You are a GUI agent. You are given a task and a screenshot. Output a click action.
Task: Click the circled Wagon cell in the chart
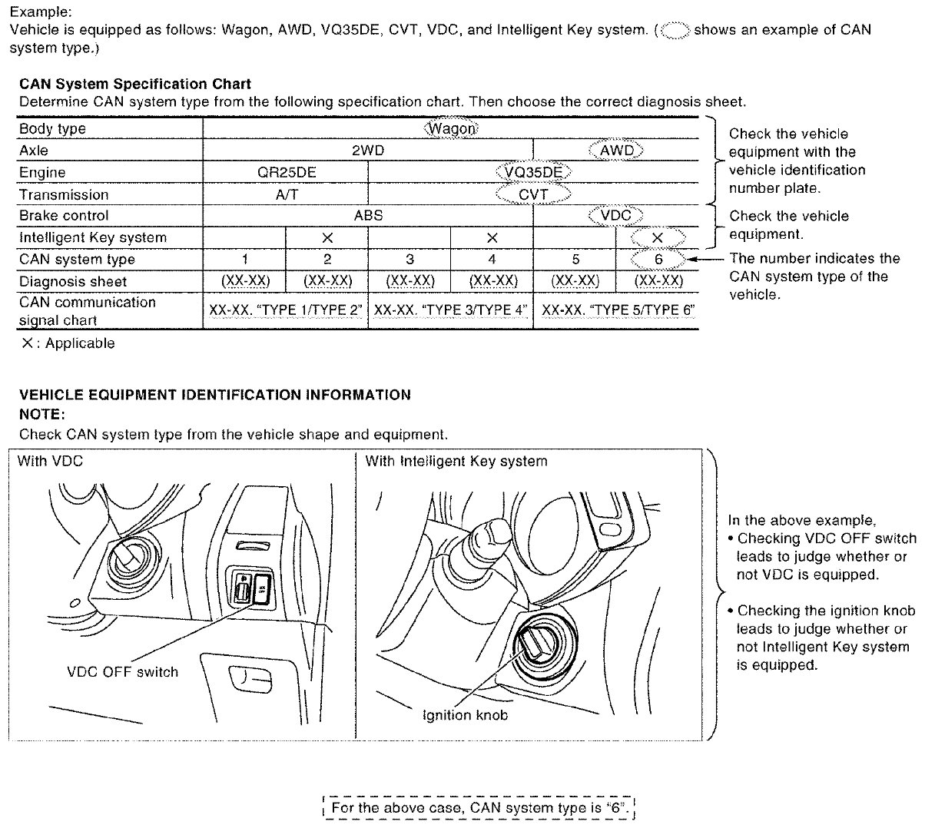click(452, 128)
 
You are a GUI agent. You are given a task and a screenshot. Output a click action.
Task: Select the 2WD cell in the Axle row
click(367, 151)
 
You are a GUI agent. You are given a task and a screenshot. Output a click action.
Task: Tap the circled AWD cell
click(615, 151)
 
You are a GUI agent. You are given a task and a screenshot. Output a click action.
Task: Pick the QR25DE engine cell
click(286, 172)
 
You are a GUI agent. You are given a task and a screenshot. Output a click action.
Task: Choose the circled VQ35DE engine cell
click(534, 172)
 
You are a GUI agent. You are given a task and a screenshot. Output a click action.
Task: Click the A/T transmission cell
click(286, 194)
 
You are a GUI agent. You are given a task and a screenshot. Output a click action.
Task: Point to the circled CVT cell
click(533, 194)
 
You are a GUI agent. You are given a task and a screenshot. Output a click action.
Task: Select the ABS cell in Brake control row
click(367, 216)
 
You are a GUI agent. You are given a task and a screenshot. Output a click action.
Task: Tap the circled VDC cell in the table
click(615, 216)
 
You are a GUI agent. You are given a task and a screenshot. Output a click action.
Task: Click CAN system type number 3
click(409, 260)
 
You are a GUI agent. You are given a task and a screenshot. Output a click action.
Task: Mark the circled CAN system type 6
click(658, 260)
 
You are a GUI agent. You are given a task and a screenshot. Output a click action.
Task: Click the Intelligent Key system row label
click(92, 237)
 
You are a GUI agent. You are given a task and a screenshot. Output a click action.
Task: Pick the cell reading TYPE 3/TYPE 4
click(451, 311)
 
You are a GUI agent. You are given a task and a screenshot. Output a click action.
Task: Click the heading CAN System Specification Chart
click(135, 84)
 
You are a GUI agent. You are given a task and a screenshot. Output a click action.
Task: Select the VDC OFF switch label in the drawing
click(123, 672)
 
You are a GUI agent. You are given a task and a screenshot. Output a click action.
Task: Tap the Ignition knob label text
click(466, 715)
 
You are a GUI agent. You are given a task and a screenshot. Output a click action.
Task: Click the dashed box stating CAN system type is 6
click(480, 808)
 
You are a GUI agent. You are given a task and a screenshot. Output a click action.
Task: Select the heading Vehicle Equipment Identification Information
click(215, 395)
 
